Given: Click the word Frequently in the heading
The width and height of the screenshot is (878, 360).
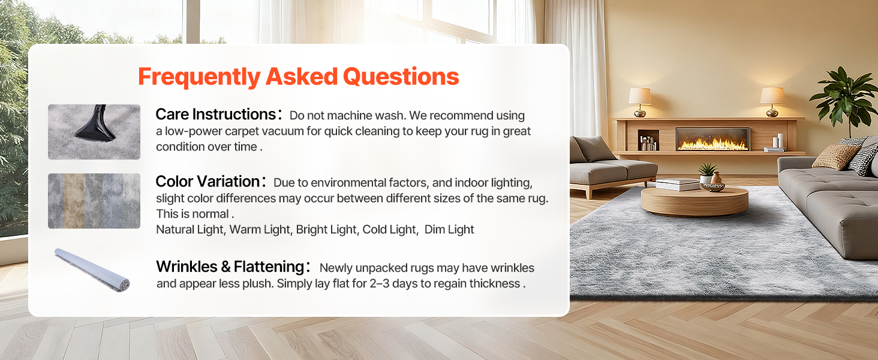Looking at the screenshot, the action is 200,77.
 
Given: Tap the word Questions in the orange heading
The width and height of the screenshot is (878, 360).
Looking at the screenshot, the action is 401,76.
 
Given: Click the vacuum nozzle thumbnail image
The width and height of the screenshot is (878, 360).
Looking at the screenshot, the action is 94,132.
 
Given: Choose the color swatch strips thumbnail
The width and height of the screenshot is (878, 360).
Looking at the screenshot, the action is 94,201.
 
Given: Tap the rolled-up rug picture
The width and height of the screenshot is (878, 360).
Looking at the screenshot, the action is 92,270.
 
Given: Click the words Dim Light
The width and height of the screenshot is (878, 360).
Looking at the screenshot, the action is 449,229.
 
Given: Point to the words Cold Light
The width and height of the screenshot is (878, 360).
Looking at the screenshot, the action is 389,229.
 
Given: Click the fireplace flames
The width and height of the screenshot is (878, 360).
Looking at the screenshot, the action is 712,144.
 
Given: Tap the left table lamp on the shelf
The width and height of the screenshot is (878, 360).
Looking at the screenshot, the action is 640,102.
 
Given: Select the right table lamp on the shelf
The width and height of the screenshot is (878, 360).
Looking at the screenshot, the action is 772,101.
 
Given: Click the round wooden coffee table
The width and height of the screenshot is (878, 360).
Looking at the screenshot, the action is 694,201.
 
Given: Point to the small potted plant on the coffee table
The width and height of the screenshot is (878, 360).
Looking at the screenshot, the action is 707,173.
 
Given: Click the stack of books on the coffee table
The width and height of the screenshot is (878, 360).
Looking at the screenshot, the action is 678,184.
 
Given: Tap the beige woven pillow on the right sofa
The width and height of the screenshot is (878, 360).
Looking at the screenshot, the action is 835,157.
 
